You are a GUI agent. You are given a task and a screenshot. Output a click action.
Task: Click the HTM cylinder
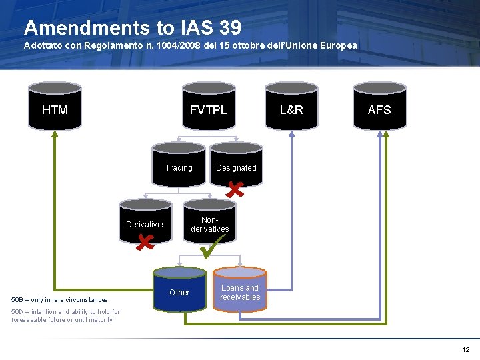(55, 107)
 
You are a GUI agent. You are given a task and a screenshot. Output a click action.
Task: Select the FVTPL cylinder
(209, 107)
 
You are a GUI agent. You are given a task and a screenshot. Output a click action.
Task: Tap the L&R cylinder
(291, 107)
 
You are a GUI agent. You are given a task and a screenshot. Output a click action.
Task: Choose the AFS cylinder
(379, 107)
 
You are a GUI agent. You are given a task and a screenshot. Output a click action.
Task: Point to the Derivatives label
(146, 224)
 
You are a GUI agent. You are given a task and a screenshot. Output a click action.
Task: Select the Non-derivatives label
(210, 224)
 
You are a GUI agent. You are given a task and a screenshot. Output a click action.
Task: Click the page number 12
(465, 349)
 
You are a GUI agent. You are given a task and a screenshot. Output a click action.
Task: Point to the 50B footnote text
(59, 300)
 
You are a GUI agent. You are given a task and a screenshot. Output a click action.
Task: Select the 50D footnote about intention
(65, 315)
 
